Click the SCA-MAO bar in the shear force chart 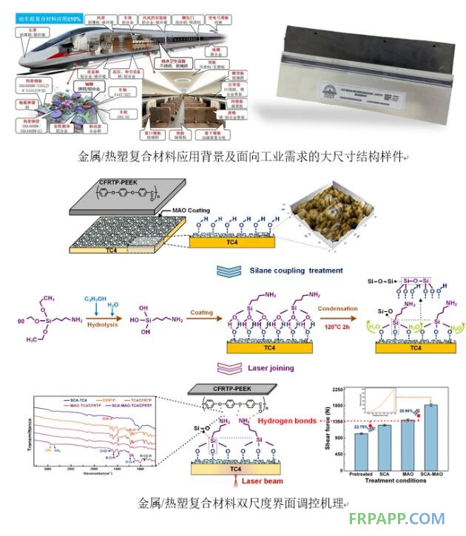coord(430,436)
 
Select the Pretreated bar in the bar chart coord(362,451)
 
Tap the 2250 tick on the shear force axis coord(340,390)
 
